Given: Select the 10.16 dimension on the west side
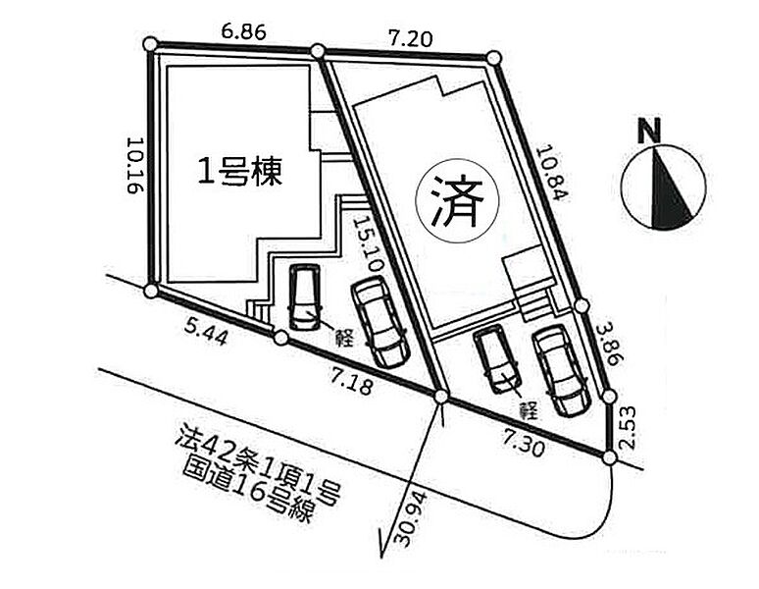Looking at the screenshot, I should [x=133, y=165].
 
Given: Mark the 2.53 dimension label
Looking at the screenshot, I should [x=629, y=429].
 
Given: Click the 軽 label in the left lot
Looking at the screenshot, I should [x=344, y=333].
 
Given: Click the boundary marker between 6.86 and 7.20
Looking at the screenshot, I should [x=317, y=51].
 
